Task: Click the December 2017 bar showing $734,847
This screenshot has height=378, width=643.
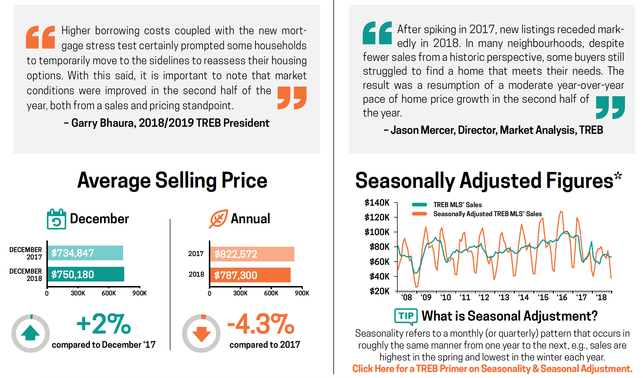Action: (x=85, y=253)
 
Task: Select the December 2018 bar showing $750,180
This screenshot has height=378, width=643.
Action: (x=86, y=274)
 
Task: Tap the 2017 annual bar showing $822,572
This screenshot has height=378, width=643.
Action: (x=252, y=254)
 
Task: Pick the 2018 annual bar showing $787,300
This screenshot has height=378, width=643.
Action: (x=250, y=275)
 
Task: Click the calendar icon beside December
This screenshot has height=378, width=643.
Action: (x=57, y=219)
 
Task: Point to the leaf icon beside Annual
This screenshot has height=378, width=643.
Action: (x=218, y=218)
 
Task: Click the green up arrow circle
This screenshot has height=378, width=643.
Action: (x=31, y=333)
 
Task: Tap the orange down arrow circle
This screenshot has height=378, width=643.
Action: (x=201, y=333)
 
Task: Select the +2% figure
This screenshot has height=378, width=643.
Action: (x=104, y=324)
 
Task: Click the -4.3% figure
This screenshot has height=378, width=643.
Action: (x=261, y=324)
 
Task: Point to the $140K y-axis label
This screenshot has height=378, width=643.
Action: (x=377, y=203)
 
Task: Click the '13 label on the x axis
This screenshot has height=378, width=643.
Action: (x=504, y=297)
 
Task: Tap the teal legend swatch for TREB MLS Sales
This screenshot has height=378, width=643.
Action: (x=419, y=205)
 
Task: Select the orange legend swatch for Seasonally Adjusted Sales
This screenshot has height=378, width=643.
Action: (x=419, y=214)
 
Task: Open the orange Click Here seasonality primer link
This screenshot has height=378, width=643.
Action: (x=492, y=369)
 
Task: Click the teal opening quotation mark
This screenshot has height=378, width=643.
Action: (x=377, y=33)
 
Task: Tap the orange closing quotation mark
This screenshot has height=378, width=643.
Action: (x=292, y=98)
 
